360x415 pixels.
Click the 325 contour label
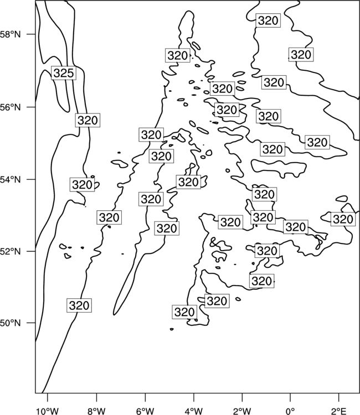[64, 73]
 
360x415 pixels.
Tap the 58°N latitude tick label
[11, 34]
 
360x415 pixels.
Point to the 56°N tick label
[11, 107]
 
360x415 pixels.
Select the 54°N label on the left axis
[11, 180]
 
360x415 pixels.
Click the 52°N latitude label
[11, 251]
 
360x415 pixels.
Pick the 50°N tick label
[11, 323]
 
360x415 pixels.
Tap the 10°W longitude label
[48, 411]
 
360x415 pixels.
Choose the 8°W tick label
[96, 411]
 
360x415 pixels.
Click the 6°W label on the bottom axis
[145, 411]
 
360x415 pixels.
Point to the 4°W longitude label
[193, 411]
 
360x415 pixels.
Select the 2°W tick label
[242, 411]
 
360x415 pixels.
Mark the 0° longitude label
[290, 411]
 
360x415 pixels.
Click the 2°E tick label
[339, 411]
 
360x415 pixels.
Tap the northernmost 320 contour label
[268, 20]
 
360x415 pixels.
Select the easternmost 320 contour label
[343, 220]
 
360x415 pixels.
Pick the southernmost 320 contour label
[184, 312]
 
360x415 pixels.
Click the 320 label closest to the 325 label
[88, 121]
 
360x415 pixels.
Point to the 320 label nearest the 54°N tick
[83, 185]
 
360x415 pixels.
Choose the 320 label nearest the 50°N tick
[79, 305]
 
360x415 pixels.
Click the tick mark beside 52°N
[31, 251]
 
